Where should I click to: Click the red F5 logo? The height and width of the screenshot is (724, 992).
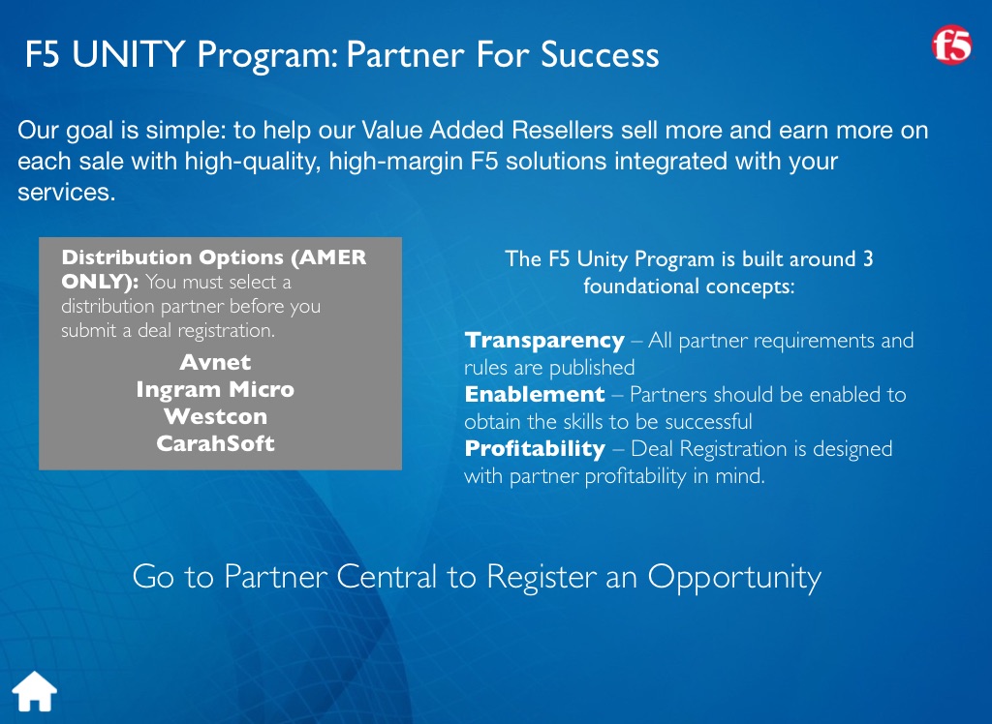tap(951, 45)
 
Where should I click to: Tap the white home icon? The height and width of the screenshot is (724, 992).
tap(35, 691)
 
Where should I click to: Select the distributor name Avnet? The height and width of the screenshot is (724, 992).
tap(215, 362)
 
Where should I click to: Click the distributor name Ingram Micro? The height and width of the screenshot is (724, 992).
tap(215, 389)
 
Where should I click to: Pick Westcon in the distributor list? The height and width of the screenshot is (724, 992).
tap(215, 417)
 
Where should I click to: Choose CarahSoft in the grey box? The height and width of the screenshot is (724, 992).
tap(215, 443)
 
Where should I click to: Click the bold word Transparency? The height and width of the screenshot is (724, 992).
tap(544, 341)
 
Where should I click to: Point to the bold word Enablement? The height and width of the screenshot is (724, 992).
tap(535, 395)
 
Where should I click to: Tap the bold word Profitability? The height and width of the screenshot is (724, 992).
tap(535, 449)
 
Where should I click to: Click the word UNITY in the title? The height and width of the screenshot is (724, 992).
tap(129, 54)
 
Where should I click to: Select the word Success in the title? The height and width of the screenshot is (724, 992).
tap(599, 54)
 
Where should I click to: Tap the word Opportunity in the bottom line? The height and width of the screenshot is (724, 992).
tap(734, 578)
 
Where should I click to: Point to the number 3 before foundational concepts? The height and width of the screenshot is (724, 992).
tap(868, 258)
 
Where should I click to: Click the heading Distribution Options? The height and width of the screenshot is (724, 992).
tap(172, 258)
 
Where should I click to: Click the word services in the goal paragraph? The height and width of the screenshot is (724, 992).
tap(67, 193)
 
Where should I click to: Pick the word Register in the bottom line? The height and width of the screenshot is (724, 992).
tap(542, 578)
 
